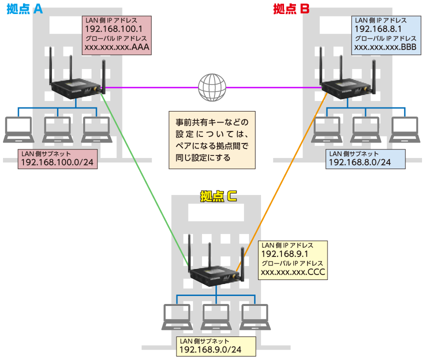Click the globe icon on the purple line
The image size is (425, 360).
click(211, 87)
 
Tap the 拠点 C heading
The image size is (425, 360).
click(218, 196)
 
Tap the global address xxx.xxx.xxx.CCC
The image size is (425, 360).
click(293, 272)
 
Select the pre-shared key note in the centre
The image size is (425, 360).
click(211, 139)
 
